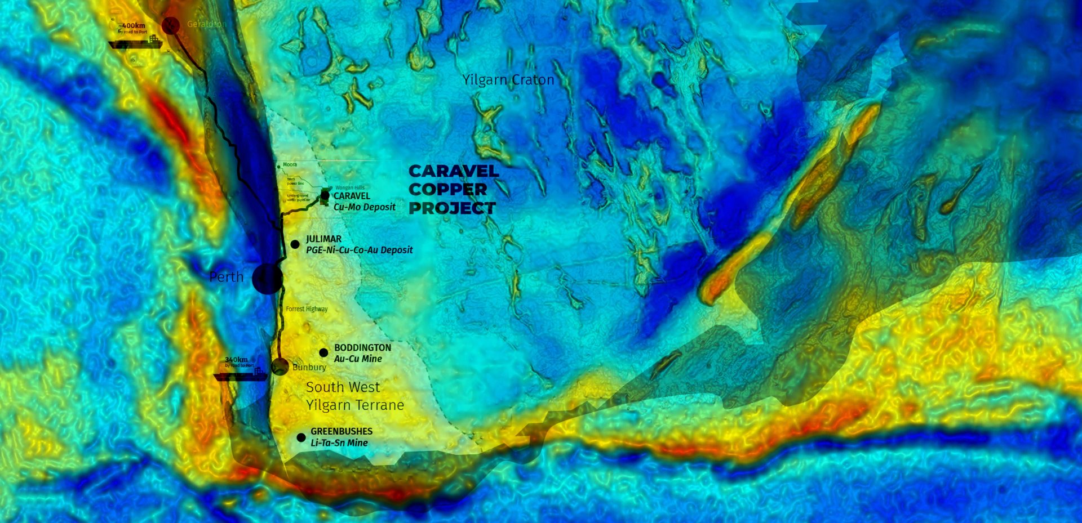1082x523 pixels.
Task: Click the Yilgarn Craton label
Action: tap(508, 80)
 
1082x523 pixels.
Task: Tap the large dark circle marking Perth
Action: tap(267, 278)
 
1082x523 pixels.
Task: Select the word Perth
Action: tap(226, 277)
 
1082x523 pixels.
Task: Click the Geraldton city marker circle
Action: tap(171, 25)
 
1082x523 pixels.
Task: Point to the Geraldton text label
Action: tap(206, 24)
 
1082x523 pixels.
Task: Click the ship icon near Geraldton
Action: tap(136, 43)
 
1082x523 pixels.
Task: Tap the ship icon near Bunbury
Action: tap(241, 375)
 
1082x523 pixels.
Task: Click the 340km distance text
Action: tap(236, 360)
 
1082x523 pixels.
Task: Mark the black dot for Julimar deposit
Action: tap(295, 244)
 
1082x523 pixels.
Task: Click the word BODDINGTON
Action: tap(362, 348)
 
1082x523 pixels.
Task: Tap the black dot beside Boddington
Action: tap(323, 353)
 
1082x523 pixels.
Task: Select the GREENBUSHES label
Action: tap(342, 431)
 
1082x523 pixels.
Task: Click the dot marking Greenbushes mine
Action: tap(301, 437)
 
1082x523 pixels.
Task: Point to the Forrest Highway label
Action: tap(307, 309)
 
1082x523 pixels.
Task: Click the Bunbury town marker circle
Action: tap(280, 366)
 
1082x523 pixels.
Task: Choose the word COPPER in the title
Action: tap(447, 190)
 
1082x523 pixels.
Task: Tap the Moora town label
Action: tap(290, 165)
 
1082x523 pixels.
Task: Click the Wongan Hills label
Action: tap(350, 187)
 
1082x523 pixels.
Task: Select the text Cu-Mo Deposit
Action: tap(365, 207)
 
